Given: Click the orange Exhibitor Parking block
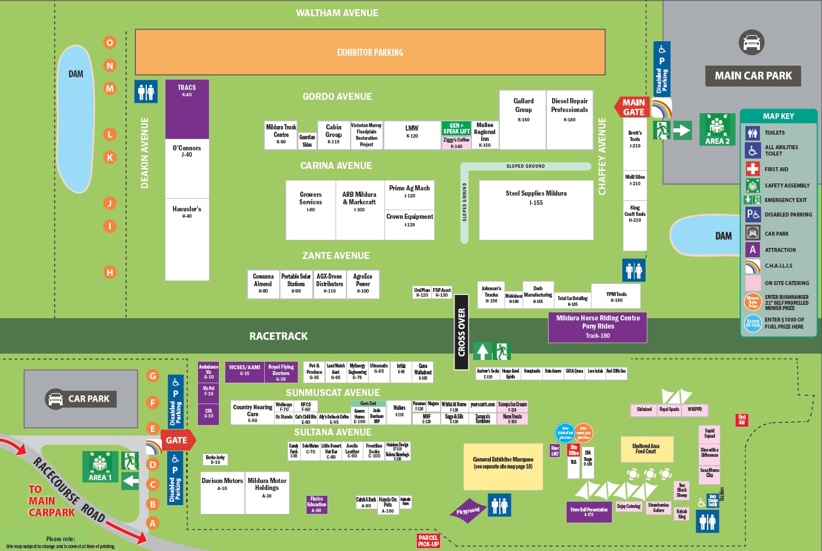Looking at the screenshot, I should tap(370, 52).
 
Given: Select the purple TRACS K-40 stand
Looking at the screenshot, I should tap(187, 109).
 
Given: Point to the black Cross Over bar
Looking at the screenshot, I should tap(462, 332).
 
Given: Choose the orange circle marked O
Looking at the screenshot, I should tap(110, 42).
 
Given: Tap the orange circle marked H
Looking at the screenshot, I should tap(110, 272).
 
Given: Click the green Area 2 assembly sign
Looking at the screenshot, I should tap(718, 129).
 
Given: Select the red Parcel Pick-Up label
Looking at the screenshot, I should tap(428, 541).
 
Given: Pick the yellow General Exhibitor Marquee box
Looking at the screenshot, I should tap(503, 466).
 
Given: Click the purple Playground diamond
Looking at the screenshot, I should tap(468, 511).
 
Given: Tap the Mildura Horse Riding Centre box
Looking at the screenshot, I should tap(597, 327).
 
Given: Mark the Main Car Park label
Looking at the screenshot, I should tap(753, 75).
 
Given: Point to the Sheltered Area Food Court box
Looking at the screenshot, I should tap(646, 449).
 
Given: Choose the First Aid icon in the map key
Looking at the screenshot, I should tap(752, 169).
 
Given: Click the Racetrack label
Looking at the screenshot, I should tap(278, 336).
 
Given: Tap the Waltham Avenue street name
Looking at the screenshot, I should tap(337, 13).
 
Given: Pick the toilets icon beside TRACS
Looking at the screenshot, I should tap(146, 91).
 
